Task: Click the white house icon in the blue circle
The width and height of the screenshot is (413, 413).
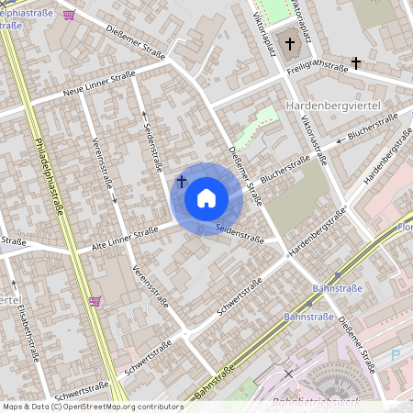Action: click(206, 197)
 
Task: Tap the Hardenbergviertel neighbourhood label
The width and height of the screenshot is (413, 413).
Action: click(333, 107)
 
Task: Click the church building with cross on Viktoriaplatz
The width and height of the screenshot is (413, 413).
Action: click(291, 43)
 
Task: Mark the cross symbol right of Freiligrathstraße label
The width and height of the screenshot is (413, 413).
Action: click(356, 62)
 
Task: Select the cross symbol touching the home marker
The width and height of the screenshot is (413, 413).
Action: click(182, 181)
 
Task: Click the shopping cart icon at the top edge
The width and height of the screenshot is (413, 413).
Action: click(71, 15)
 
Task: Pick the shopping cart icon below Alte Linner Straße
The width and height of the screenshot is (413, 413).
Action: click(95, 300)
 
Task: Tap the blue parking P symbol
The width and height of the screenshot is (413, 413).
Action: click(396, 354)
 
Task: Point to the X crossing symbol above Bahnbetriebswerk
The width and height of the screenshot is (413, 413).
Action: click(289, 374)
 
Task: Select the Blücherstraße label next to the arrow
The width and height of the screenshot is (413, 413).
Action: click(371, 128)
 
